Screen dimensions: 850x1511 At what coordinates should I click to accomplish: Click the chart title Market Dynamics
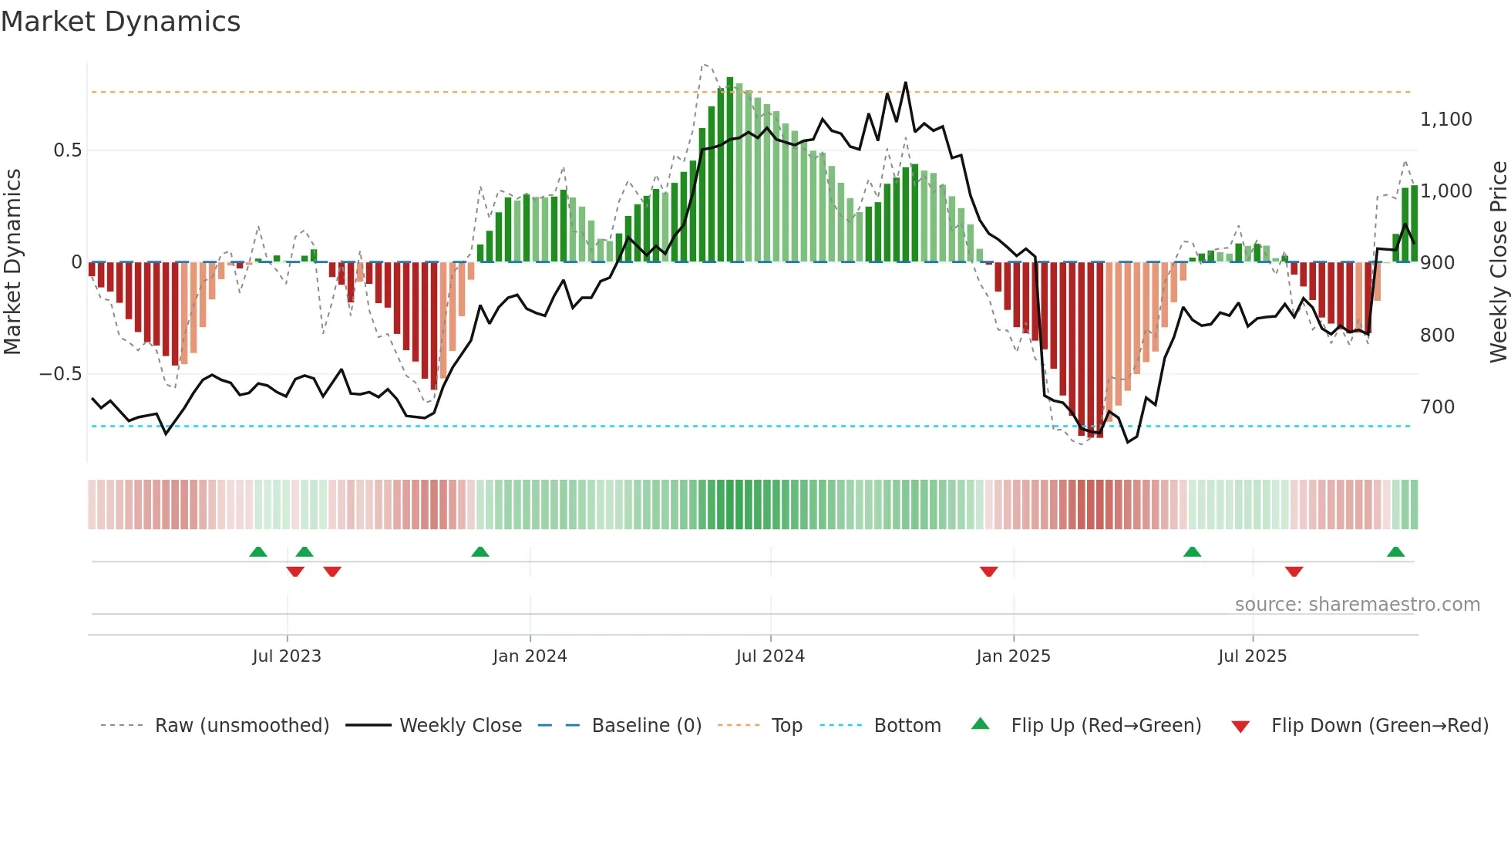point(120,22)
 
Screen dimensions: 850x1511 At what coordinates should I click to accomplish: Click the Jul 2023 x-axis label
point(287,656)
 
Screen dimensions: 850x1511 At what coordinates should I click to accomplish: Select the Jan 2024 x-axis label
point(530,656)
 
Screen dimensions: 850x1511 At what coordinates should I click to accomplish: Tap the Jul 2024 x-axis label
point(770,656)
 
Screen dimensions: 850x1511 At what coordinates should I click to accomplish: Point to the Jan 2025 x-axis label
point(1013,656)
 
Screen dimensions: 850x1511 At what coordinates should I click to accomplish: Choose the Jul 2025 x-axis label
point(1252,656)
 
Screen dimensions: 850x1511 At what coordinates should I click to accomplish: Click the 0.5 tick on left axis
point(68,150)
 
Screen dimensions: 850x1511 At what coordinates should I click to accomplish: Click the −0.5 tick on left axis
point(61,374)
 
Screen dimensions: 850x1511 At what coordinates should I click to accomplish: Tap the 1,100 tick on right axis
point(1445,120)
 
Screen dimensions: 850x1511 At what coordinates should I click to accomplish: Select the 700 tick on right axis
point(1437,407)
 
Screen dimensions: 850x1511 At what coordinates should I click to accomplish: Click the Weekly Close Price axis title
point(1498,262)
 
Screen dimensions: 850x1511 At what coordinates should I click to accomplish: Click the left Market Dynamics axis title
point(13,262)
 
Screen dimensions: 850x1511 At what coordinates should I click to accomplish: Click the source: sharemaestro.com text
point(1357,605)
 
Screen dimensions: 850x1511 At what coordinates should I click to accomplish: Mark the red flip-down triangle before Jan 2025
point(988,572)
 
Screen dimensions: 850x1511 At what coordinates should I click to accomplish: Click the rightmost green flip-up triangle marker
point(1395,551)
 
